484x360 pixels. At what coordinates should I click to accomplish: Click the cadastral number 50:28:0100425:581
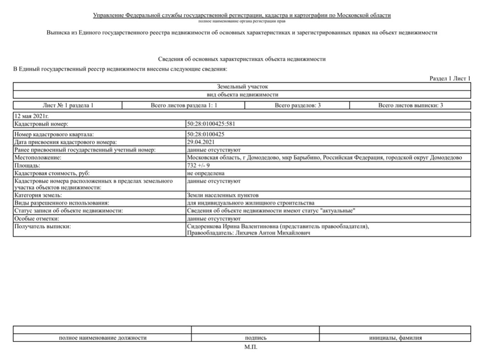(x=211, y=124)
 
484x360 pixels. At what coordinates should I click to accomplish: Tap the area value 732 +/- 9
(x=199, y=165)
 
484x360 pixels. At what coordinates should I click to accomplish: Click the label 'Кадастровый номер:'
(x=41, y=124)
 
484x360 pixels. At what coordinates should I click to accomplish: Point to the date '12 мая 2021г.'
(x=32, y=117)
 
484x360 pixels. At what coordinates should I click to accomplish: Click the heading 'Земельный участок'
(x=242, y=86)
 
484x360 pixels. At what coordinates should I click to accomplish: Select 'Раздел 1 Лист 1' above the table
(x=450, y=79)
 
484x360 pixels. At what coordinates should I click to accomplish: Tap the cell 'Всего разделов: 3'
(x=297, y=106)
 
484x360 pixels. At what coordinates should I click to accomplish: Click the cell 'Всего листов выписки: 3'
(x=410, y=106)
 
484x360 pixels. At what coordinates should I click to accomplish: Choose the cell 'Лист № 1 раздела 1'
(x=68, y=106)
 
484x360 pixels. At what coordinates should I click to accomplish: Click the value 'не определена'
(x=206, y=173)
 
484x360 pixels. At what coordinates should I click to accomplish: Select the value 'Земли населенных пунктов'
(x=223, y=195)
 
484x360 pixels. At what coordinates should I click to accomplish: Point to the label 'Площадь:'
(x=27, y=165)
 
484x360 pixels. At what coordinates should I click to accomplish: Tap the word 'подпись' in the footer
(x=256, y=338)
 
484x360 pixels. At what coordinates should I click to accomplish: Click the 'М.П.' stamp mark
(x=251, y=347)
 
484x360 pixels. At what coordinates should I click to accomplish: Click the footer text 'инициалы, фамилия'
(x=395, y=338)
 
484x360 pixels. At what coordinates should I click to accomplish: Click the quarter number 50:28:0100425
(x=206, y=135)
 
